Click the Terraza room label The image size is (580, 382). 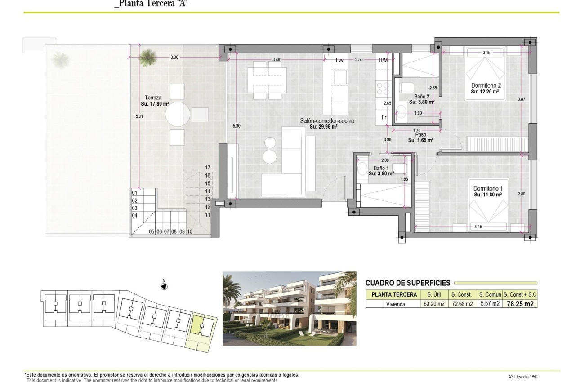point(153,98)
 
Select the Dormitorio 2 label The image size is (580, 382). point(486,85)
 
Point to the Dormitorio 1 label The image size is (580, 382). point(488,189)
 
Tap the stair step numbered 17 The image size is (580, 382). point(207,167)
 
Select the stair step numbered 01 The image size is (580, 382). point(134,193)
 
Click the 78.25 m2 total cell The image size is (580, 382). point(520,304)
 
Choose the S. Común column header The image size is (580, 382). point(489,295)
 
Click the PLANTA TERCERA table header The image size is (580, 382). point(393,295)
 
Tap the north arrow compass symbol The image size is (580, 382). point(164,285)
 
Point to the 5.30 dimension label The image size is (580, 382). point(236,126)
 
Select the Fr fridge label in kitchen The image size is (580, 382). point(384,117)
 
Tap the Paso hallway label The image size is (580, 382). point(420,134)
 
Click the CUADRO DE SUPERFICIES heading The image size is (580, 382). point(407,283)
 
